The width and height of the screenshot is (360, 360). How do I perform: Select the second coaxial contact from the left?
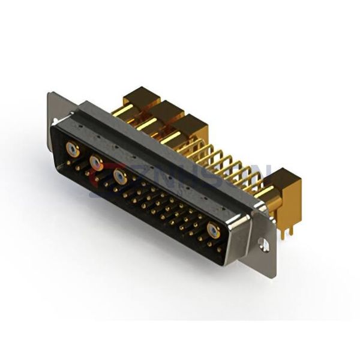(x=95, y=161)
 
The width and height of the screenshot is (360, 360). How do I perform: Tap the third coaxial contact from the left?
(x=119, y=176)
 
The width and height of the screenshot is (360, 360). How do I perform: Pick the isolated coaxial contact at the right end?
(x=213, y=230)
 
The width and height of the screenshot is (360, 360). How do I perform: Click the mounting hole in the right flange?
(x=263, y=244)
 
